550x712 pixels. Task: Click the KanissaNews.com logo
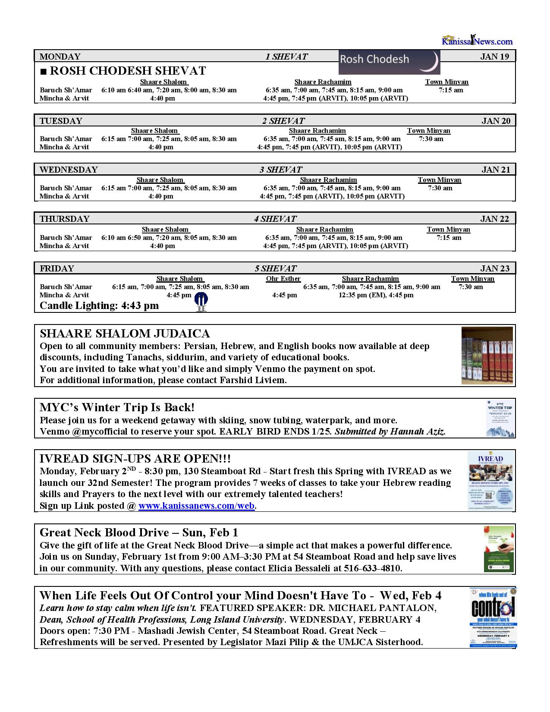coord(477,41)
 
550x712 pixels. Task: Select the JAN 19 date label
coord(494,57)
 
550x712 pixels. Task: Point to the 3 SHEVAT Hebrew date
coord(280,170)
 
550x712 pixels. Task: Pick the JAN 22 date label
coord(495,219)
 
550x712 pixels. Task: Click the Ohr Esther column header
coord(283,279)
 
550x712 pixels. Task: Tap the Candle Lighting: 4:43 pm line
coord(99,306)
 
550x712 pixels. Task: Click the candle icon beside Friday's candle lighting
coord(201,301)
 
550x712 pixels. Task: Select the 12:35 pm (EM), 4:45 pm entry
coord(376,295)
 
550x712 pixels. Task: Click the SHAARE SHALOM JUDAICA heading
coord(125,334)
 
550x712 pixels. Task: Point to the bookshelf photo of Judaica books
coord(487,355)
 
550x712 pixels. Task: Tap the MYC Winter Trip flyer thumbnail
coord(500,418)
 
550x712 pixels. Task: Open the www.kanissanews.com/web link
coord(196,506)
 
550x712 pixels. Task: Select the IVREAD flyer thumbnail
coord(491,480)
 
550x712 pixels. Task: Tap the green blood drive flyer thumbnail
coord(498,549)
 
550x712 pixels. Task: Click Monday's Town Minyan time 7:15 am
coord(451,90)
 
